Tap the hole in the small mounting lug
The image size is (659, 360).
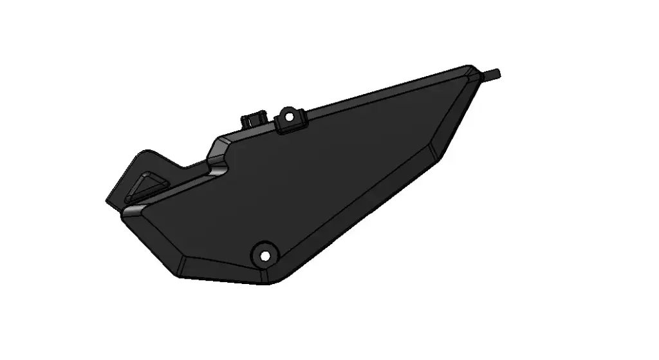[x=289, y=118]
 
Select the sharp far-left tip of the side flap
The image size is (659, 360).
[x=106, y=201]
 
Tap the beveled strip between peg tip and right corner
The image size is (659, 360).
[x=460, y=109]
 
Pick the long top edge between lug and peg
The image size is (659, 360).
[x=386, y=90]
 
